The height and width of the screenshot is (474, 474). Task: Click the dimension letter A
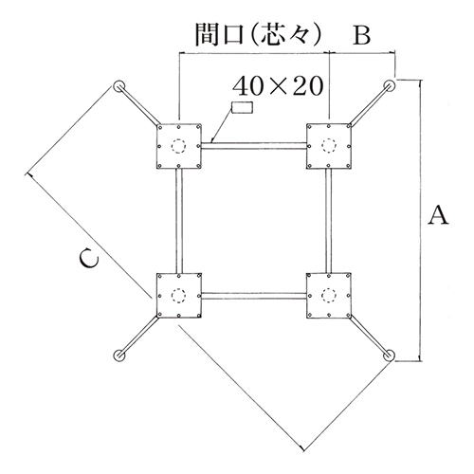(438, 215)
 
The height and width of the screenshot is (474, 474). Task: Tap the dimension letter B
(361, 35)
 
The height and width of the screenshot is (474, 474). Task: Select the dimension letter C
(89, 259)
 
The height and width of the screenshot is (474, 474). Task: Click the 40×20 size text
(278, 85)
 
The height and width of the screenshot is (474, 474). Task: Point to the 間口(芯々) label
(258, 34)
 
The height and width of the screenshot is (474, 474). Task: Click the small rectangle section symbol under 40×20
(242, 107)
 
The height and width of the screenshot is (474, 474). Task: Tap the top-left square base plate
(179, 146)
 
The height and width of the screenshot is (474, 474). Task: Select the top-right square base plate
(329, 146)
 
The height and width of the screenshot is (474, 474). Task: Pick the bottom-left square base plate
(179, 296)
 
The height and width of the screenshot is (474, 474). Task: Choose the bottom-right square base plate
(329, 296)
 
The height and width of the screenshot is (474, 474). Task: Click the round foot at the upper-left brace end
(119, 86)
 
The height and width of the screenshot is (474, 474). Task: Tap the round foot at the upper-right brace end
(389, 85)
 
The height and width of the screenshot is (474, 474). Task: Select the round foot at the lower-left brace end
(119, 355)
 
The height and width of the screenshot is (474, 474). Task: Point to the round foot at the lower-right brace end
(389, 355)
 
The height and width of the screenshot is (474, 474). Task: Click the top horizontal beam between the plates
(254, 146)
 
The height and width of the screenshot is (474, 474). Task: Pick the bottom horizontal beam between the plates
(254, 296)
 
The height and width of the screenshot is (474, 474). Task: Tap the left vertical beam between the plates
(179, 221)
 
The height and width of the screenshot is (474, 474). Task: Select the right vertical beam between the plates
(329, 221)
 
